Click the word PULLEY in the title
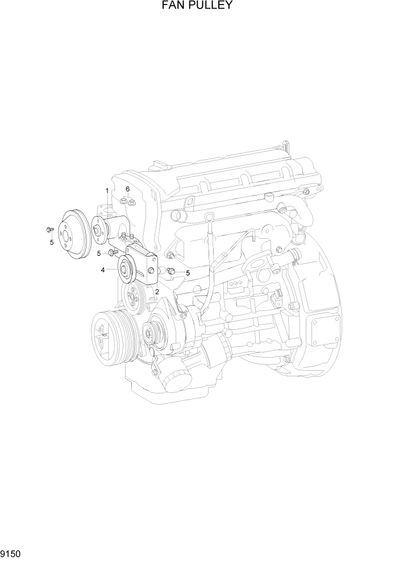coord(210,6)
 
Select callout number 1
coord(106,190)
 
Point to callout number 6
coord(128,189)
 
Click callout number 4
coord(103,270)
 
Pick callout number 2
coord(156,292)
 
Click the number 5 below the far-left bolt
coord(52,242)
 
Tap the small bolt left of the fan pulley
coord(49,230)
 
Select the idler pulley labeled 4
coord(125,269)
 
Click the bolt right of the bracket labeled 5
coord(171,271)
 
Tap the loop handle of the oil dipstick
coord(210,218)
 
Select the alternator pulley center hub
coord(150,330)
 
